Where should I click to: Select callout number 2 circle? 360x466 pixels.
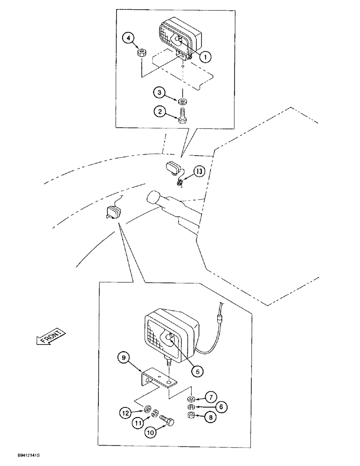point(160,112)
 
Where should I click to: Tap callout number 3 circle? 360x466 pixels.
point(160,94)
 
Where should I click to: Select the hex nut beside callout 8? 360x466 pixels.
point(190,415)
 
